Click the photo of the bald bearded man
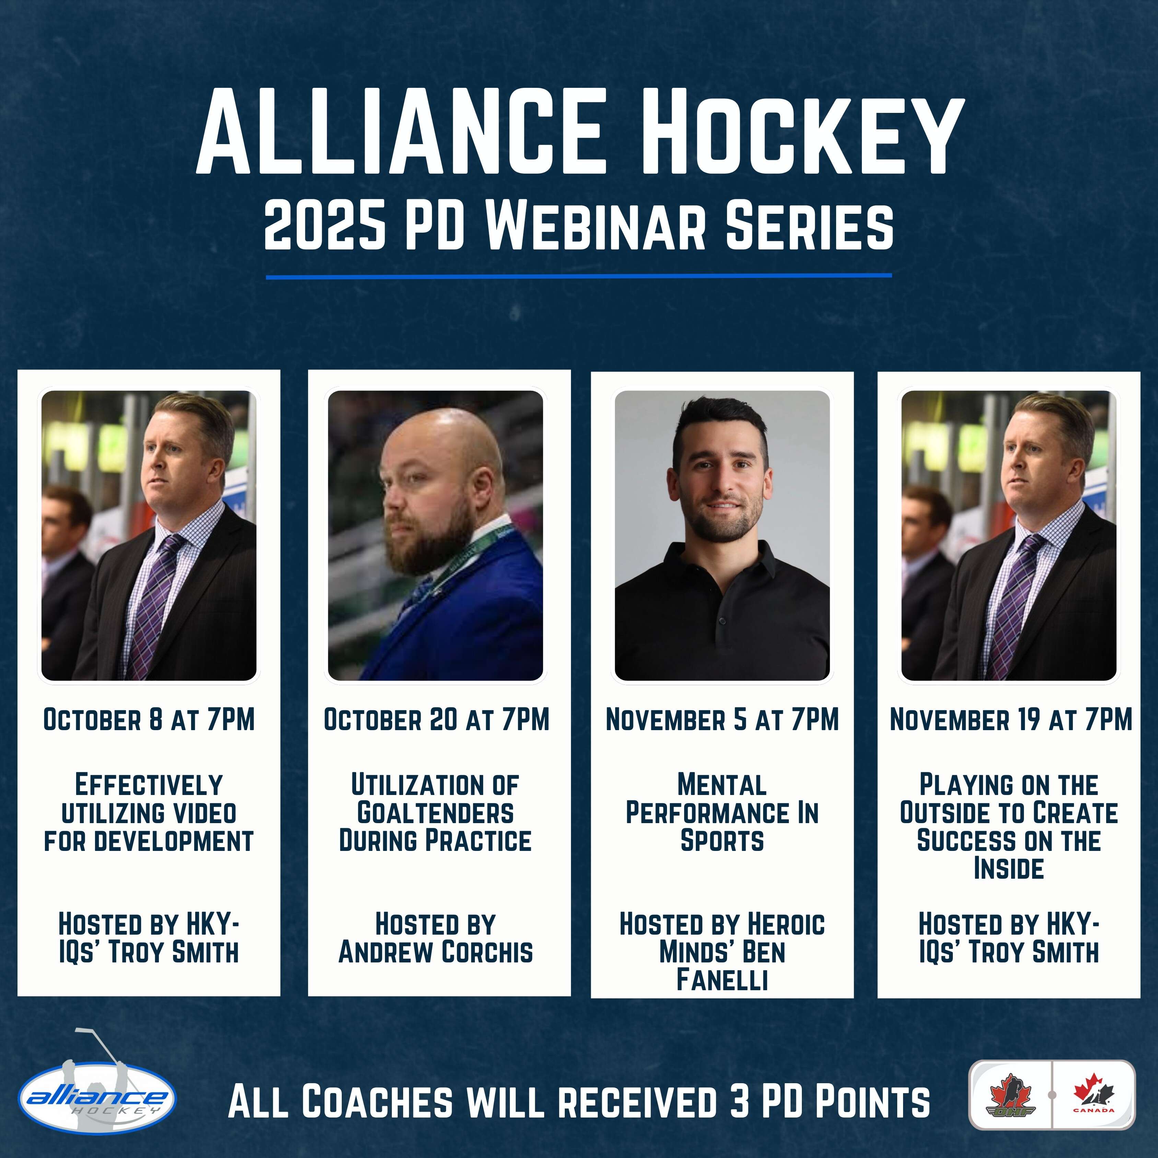coord(436,536)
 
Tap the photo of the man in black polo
coord(722,536)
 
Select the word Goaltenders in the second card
coord(436,813)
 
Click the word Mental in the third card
coord(722,785)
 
